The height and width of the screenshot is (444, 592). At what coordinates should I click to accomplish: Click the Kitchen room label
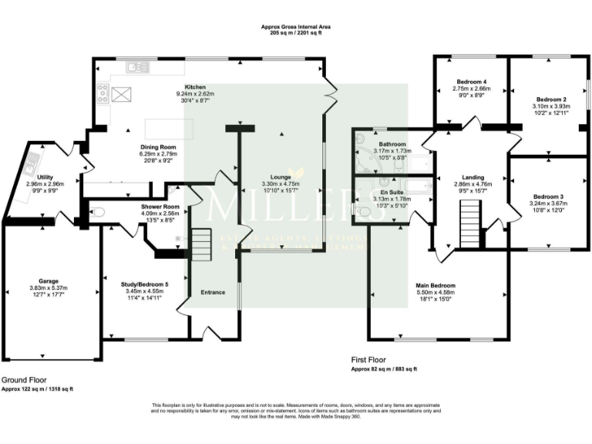(x=195, y=87)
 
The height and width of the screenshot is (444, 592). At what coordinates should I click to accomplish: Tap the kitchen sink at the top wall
(x=138, y=66)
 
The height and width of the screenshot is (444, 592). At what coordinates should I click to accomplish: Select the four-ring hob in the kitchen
(x=103, y=93)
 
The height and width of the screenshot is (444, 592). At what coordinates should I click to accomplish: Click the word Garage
(x=49, y=281)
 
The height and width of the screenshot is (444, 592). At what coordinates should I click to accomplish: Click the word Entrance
(x=214, y=292)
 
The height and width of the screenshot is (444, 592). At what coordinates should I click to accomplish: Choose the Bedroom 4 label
(x=471, y=82)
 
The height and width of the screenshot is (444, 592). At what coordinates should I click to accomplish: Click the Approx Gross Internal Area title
(x=296, y=27)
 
